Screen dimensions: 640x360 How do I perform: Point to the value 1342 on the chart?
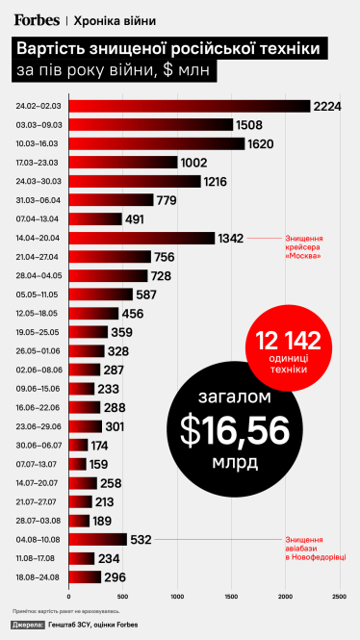pyautogui.click(x=232, y=238)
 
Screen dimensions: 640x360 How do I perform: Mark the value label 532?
pyautogui.click(x=142, y=539)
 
